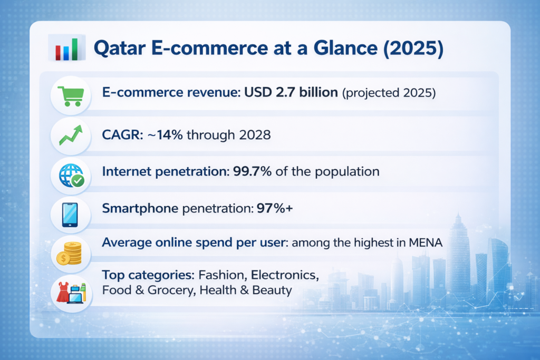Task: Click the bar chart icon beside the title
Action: pyautogui.click(x=66, y=49)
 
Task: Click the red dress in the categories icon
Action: pyautogui.click(x=62, y=292)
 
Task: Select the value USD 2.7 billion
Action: pyautogui.click(x=291, y=93)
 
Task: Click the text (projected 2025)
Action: pyautogui.click(x=389, y=94)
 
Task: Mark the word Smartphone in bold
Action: pyautogui.click(x=140, y=209)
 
